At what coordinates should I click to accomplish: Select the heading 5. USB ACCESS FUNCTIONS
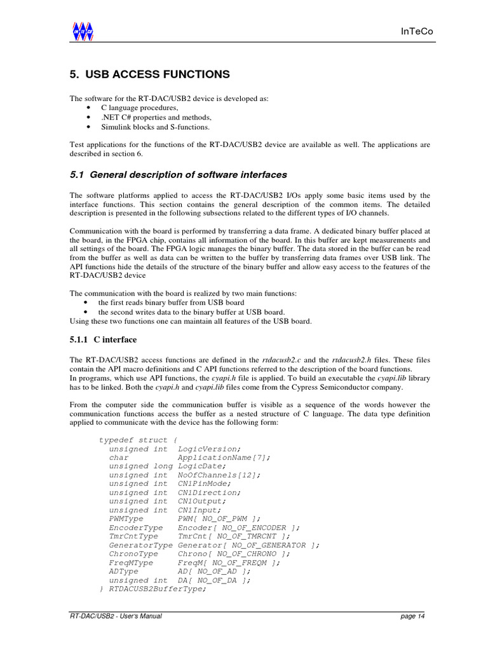[149, 74]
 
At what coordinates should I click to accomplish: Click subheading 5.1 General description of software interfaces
[178, 174]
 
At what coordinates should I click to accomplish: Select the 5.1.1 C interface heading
[103, 339]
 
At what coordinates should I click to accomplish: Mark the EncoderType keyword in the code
[135, 528]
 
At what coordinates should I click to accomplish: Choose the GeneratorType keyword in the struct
[140, 545]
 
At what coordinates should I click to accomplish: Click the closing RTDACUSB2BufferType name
[158, 589]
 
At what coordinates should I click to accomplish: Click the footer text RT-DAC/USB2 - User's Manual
[116, 616]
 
